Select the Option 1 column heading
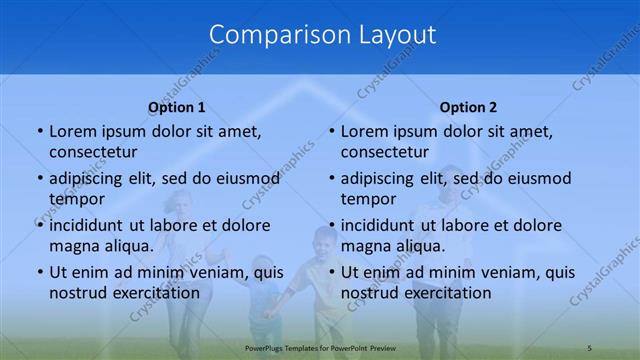point(177,107)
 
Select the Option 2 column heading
point(468,107)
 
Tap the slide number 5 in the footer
point(590,347)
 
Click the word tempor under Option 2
point(369,199)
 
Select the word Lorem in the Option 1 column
point(70,132)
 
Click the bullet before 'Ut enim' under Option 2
point(331,273)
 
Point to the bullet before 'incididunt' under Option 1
point(39,226)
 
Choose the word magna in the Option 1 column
point(72,246)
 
